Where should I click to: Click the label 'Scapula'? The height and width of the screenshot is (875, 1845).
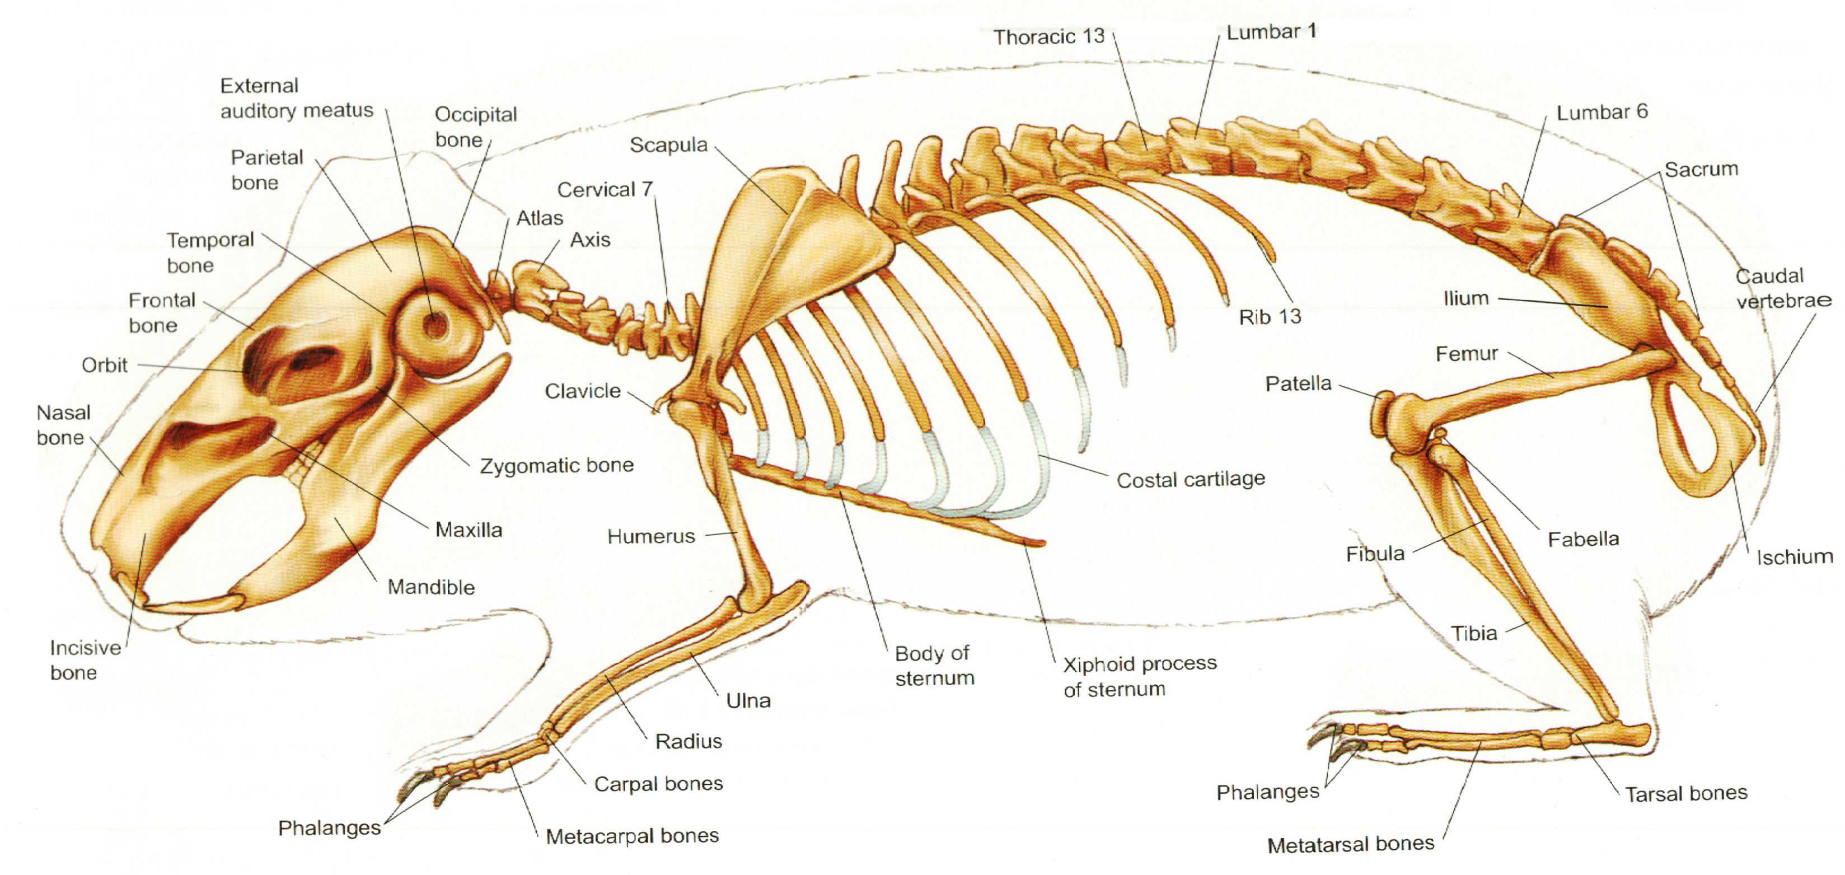(x=668, y=146)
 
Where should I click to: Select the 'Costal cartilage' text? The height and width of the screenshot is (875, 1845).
(x=1191, y=479)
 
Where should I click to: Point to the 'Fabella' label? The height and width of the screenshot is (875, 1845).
(x=1583, y=539)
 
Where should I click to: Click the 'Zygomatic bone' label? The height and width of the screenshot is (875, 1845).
(x=556, y=465)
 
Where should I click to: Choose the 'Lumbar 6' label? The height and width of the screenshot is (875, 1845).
(x=1602, y=112)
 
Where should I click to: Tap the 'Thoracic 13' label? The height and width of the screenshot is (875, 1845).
(x=1048, y=36)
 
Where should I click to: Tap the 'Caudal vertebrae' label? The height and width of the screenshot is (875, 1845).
(x=1783, y=288)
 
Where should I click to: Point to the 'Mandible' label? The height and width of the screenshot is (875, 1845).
(x=431, y=587)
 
